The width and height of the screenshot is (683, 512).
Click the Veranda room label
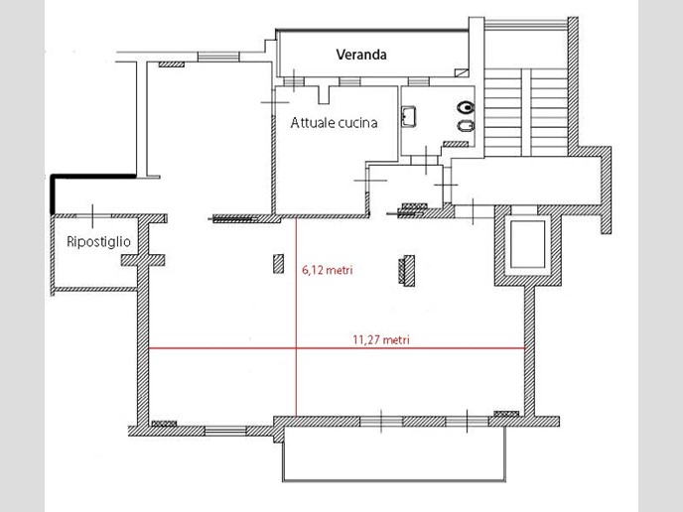click(x=361, y=55)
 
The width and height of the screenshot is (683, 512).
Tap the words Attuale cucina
click(x=334, y=123)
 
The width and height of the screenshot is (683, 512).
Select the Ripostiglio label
click(x=98, y=242)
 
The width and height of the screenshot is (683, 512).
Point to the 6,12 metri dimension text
click(x=328, y=270)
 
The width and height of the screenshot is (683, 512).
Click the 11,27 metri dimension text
click(x=381, y=339)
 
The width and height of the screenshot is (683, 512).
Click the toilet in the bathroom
click(x=466, y=107)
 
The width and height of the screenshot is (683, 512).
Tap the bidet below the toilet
click(x=466, y=126)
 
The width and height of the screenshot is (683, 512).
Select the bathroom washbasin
click(x=409, y=116)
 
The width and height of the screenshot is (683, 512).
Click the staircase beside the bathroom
click(x=526, y=112)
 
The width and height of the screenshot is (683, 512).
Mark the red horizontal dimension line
click(x=337, y=348)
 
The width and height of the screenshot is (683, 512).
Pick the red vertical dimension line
click(x=296, y=317)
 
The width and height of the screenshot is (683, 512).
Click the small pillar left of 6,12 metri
click(x=278, y=264)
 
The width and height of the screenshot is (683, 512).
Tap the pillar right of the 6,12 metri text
click(x=407, y=271)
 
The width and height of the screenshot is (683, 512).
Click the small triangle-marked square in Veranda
click(x=462, y=72)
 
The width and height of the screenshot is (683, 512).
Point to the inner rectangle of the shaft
click(x=527, y=245)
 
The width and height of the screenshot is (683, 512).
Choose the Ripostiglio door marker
click(x=92, y=216)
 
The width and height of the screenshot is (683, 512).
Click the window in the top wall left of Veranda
click(x=218, y=57)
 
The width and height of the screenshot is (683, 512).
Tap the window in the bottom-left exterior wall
click(x=225, y=431)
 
